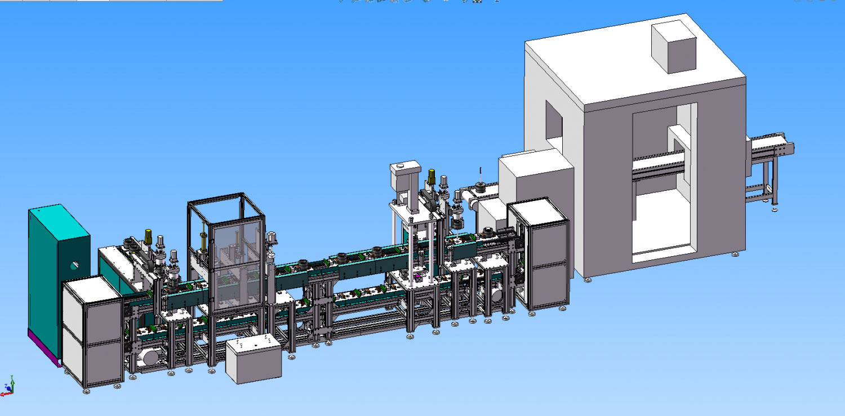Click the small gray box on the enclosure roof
coord(674,48)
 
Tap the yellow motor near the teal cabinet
coord(149,236)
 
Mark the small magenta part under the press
coord(417,278)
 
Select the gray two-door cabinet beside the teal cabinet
coord(91,332)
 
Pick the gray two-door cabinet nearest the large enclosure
coord(538,253)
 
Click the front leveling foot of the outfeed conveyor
coord(773,209)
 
